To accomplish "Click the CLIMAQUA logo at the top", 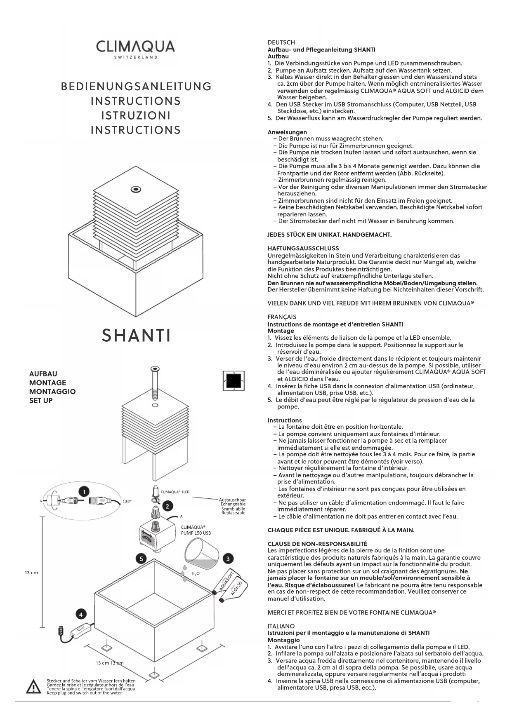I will click(135, 47).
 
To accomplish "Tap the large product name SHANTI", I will click(136, 336).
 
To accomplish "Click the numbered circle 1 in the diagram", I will click(84, 491).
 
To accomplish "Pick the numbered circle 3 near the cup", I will click(228, 559).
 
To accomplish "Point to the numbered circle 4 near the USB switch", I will click(81, 614).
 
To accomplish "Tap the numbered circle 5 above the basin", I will click(141, 559).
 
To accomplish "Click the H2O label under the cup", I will click(196, 573).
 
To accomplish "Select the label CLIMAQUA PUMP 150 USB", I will click(196, 530).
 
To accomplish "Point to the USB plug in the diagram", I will click(61, 631).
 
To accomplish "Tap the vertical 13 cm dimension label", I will click(31, 573).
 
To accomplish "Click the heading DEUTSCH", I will click(281, 42).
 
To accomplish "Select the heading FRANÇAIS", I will click(282, 317).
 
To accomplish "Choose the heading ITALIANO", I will click(281, 626).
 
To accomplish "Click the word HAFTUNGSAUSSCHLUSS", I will click(303, 248).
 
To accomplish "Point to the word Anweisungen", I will click(287, 132).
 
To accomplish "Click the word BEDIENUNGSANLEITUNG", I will click(136, 87).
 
